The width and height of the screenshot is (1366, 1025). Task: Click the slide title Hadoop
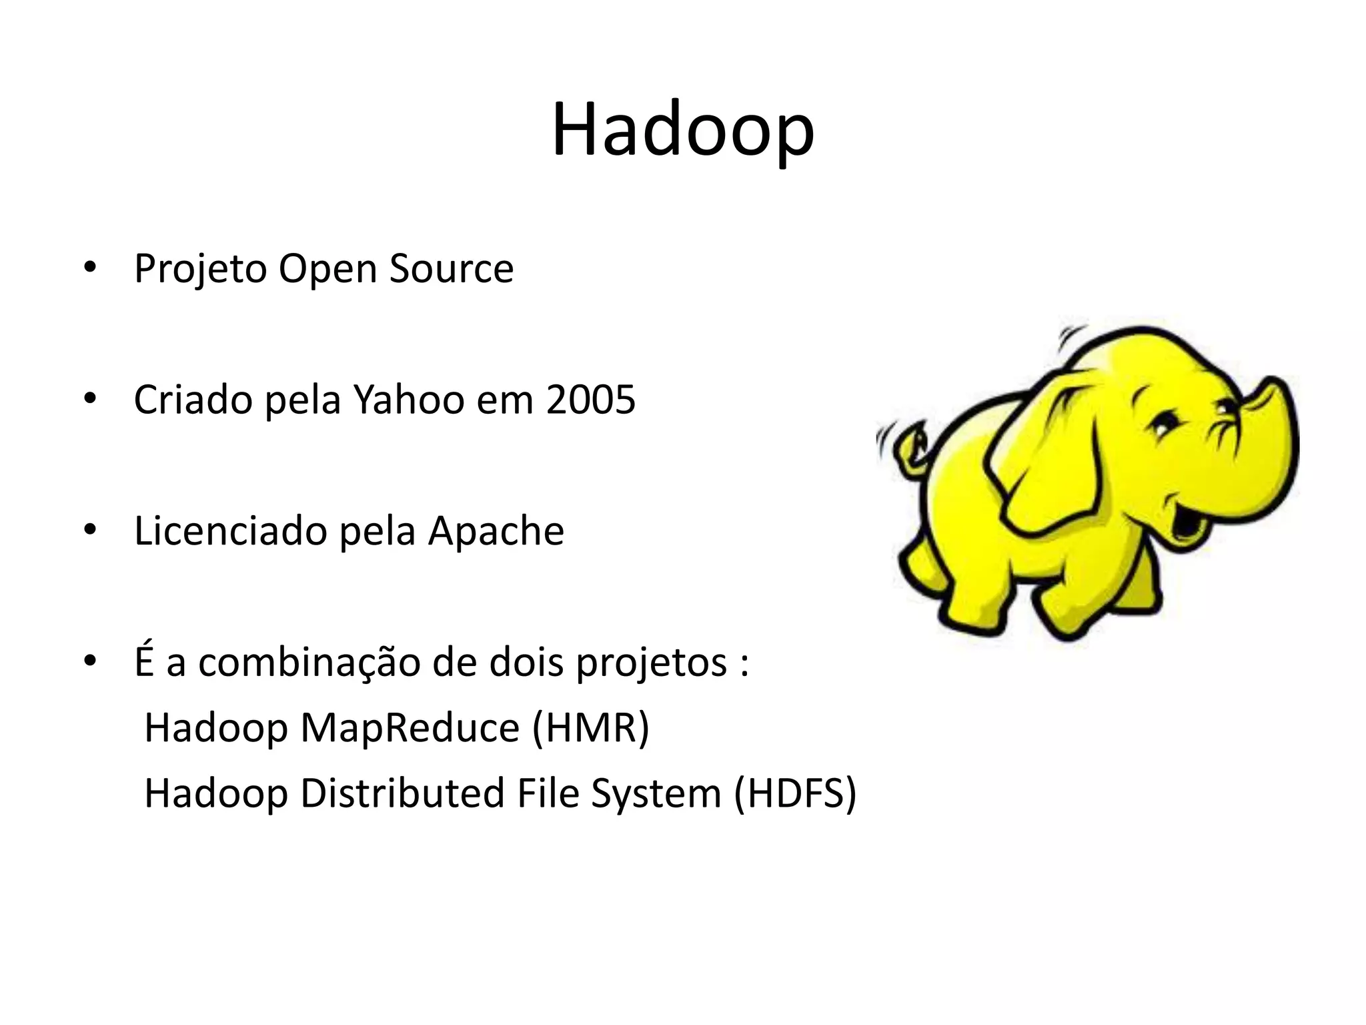point(682,130)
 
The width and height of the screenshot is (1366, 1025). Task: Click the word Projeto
point(200,269)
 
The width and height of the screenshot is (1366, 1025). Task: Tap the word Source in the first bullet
point(452,269)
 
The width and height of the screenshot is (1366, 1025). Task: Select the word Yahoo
point(408,400)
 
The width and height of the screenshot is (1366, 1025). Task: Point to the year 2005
point(590,400)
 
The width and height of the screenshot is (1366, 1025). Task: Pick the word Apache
point(496,531)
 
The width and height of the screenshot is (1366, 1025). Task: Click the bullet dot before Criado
point(91,399)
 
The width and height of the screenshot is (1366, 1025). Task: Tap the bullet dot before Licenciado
point(91,531)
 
